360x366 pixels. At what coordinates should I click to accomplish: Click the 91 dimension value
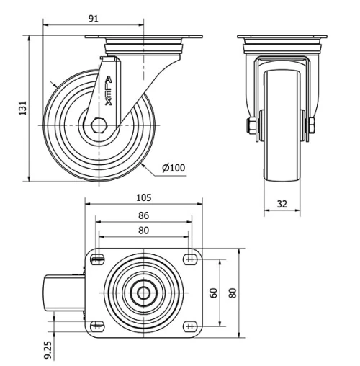[x=93, y=19]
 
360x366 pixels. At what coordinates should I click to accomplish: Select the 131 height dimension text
[x=23, y=108]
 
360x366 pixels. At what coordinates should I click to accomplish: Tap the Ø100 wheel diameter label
[x=174, y=169]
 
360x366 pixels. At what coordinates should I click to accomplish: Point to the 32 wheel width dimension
[x=282, y=205]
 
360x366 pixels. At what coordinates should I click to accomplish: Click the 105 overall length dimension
[x=145, y=197]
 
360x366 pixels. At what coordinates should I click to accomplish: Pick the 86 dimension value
[x=143, y=215]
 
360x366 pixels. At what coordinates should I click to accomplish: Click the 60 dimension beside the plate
[x=213, y=293]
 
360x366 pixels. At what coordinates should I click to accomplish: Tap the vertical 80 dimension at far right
[x=232, y=293]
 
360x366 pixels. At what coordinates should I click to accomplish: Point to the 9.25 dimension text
[x=48, y=349]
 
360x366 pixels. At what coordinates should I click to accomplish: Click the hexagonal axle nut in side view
[x=99, y=124]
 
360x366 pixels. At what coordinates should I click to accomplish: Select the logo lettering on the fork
[x=107, y=92]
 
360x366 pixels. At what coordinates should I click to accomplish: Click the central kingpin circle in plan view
[x=144, y=293]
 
